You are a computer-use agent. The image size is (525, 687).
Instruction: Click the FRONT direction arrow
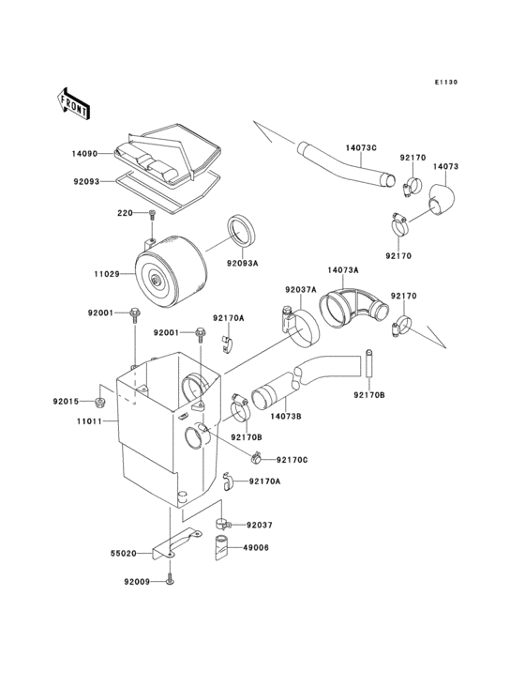pyautogui.click(x=74, y=101)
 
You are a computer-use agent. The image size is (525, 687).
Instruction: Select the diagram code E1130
pyautogui.click(x=445, y=83)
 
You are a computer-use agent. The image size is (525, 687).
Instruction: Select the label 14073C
pyautogui.click(x=361, y=147)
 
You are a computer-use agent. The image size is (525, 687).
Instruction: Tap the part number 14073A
pyautogui.click(x=343, y=269)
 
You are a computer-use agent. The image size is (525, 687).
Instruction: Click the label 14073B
pyautogui.click(x=287, y=413)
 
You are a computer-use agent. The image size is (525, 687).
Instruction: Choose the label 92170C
pyautogui.click(x=292, y=460)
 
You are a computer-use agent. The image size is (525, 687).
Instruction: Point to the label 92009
pyautogui.click(x=136, y=582)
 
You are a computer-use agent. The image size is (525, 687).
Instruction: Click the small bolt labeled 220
pyautogui.click(x=151, y=215)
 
